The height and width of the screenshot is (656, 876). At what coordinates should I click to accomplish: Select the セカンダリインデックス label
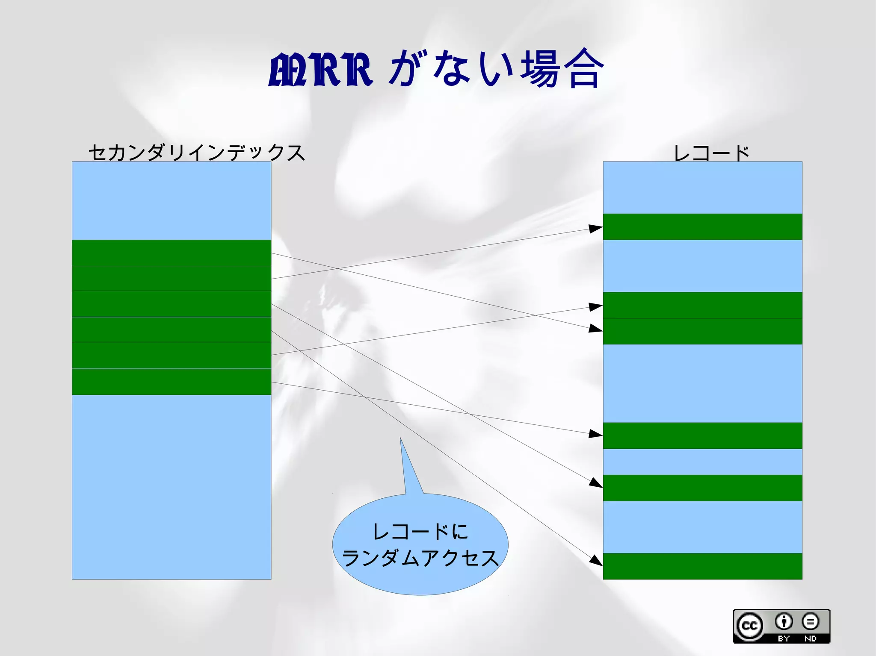tap(197, 153)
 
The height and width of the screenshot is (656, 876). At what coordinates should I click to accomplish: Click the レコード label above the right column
tap(711, 153)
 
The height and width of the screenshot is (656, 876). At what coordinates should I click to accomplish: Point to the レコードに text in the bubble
tap(420, 532)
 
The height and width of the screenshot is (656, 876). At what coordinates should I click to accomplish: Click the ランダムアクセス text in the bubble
tap(420, 558)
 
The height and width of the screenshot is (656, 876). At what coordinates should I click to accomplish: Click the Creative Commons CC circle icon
tap(749, 626)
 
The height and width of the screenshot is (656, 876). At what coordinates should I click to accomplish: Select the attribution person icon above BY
tap(784, 621)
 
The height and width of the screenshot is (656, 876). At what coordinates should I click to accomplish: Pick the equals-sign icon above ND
tap(810, 621)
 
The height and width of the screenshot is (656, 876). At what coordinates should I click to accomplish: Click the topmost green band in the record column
tap(702, 227)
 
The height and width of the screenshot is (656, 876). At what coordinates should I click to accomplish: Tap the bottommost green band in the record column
tap(702, 566)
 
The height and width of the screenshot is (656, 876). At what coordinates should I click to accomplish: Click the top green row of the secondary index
tap(171, 253)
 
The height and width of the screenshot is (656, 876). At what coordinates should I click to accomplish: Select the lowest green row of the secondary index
tap(171, 382)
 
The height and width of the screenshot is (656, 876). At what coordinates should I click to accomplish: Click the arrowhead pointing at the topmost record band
tap(596, 229)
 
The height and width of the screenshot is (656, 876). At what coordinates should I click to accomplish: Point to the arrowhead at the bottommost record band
tap(596, 560)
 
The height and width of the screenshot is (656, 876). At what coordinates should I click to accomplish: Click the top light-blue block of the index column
tap(171, 200)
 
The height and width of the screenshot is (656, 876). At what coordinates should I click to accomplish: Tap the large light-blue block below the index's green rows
tap(171, 487)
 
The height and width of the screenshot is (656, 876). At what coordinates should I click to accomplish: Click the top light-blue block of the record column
tap(702, 188)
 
